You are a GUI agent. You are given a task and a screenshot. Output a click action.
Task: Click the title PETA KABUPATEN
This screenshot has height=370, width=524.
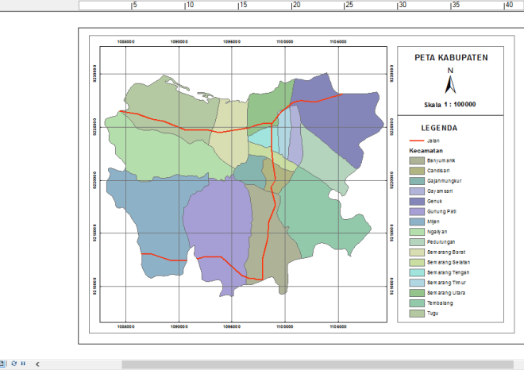451,58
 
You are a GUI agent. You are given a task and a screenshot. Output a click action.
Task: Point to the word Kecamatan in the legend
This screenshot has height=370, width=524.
426,150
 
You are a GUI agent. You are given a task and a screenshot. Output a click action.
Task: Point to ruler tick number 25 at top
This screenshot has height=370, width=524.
349,6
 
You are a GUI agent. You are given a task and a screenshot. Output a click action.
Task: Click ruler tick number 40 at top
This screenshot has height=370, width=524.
509,6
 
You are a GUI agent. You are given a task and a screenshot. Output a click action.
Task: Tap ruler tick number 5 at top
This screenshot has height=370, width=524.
135,6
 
